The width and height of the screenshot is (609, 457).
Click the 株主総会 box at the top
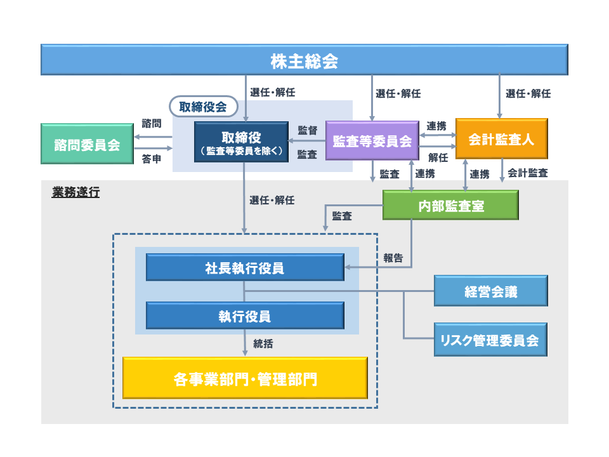(304, 61)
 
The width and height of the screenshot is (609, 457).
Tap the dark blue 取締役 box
(241, 143)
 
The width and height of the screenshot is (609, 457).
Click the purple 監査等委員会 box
(372, 141)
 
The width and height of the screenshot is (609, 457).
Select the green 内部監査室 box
(450, 206)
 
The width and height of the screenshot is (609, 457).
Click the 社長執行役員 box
(245, 267)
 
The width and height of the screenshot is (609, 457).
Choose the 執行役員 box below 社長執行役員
(245, 315)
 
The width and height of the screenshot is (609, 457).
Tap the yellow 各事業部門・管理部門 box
(245, 379)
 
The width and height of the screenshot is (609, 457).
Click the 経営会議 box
(490, 291)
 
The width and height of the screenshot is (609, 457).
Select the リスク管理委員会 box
(490, 340)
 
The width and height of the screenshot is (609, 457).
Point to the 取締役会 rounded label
(203, 107)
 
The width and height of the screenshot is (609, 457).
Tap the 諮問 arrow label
(152, 123)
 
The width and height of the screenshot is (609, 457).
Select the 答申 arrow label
(152, 159)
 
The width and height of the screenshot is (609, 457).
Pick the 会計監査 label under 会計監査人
(528, 173)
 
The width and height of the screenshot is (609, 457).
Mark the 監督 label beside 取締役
(308, 130)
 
